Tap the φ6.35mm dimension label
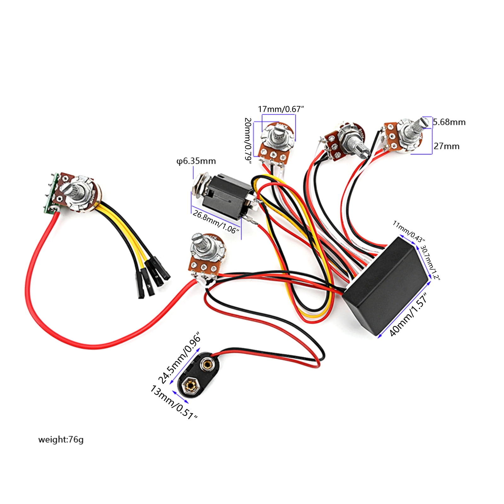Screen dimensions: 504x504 coord(196,161)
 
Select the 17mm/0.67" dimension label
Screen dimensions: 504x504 coord(281,109)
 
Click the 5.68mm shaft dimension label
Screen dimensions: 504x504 coord(449,122)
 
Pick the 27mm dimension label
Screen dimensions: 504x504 coord(446,146)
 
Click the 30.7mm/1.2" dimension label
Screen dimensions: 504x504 coord(430,262)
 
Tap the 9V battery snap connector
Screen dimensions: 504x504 coord(198,375)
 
